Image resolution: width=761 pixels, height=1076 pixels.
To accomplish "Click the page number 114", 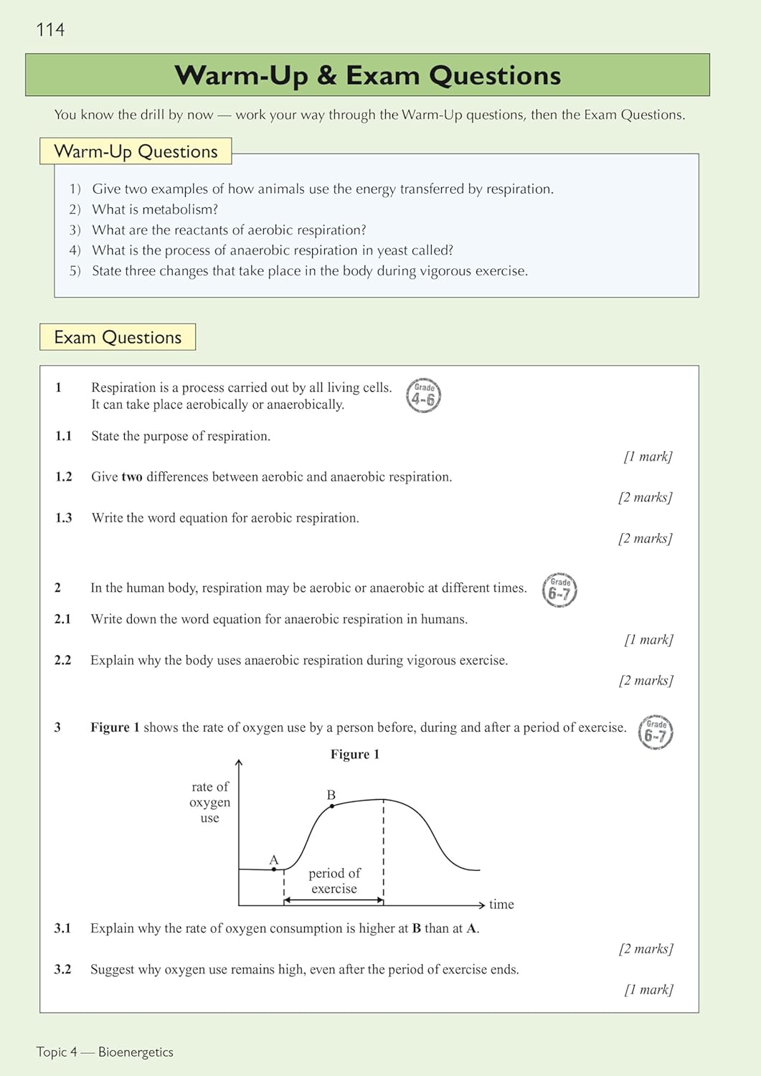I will tap(50, 29).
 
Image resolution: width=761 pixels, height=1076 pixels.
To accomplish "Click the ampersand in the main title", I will tap(326, 75).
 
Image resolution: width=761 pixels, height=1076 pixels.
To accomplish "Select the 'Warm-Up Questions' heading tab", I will tap(136, 151).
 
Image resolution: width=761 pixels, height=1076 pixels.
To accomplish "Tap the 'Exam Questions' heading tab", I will tap(118, 337).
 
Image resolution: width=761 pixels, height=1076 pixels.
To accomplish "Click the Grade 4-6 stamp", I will tap(423, 396).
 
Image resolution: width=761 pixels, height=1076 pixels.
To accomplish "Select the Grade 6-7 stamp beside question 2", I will tap(559, 590).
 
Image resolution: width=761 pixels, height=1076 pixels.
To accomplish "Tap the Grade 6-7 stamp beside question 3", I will tap(656, 732).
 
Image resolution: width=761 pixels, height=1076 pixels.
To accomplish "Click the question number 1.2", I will tap(64, 477).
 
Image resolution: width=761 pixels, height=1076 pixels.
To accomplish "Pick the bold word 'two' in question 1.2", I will tap(132, 477).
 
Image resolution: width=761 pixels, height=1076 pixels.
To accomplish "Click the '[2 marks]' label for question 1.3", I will tap(645, 538).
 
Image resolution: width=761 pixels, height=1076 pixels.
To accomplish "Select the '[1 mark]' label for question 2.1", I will tap(648, 639).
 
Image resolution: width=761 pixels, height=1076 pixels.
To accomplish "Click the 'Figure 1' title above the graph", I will tap(355, 754).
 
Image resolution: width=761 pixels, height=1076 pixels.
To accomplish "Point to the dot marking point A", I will tap(274, 869).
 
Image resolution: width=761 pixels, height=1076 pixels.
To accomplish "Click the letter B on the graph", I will tap(331, 795).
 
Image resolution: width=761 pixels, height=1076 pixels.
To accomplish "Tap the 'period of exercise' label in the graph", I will tap(334, 881).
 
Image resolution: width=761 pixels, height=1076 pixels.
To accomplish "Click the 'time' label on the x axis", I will tap(501, 905).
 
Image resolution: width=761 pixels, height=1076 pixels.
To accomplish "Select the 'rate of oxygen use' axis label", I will tap(209, 802).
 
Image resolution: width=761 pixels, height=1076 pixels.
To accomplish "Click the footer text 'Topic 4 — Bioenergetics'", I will tap(105, 1052).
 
